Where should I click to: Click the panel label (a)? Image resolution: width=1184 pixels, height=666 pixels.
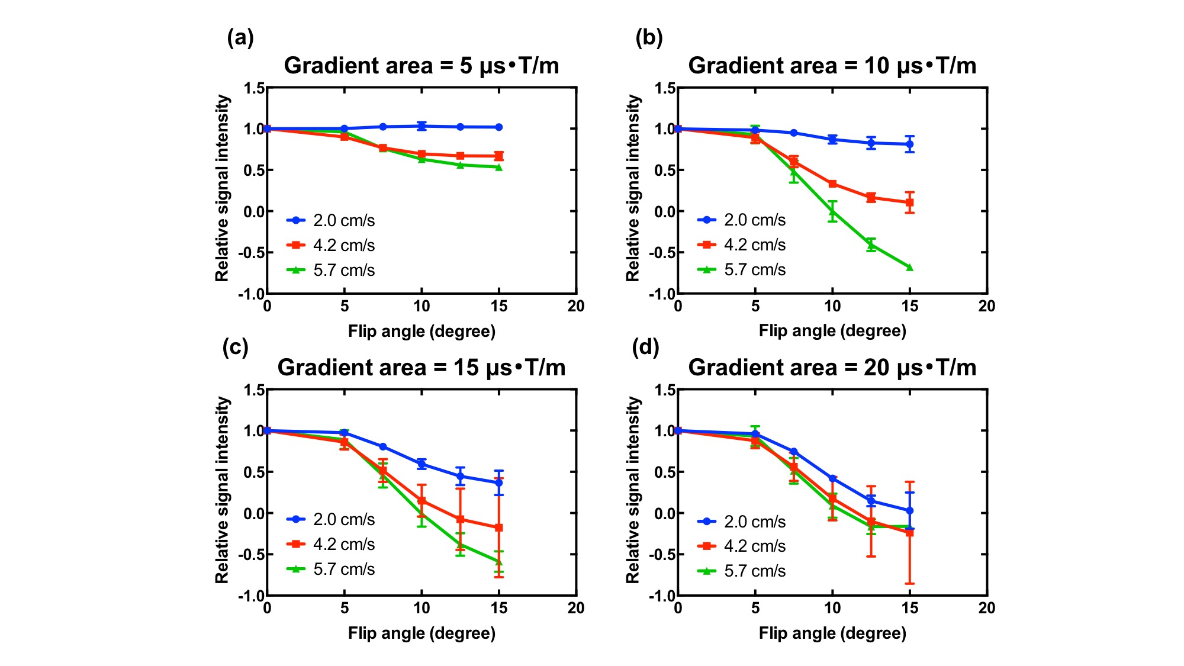240,38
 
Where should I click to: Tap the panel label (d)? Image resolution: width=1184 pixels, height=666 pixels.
645,347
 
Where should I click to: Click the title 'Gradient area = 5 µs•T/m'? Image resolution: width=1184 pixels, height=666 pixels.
421,66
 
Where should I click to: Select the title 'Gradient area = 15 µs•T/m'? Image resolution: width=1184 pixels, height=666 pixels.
421,368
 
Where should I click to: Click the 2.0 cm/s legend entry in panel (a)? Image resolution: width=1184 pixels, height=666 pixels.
331,220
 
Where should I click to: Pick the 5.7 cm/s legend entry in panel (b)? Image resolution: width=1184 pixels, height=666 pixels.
742,270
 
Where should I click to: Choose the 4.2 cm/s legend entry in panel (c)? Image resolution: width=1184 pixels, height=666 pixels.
331,544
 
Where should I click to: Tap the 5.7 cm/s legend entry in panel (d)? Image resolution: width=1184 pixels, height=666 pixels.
742,571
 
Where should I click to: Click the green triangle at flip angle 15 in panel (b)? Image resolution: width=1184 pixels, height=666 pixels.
910,268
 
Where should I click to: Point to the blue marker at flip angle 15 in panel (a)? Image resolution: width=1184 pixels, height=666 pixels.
499,127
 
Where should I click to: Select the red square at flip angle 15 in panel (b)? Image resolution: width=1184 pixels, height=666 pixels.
910,202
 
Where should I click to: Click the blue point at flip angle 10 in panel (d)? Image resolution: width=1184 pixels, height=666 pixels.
833,478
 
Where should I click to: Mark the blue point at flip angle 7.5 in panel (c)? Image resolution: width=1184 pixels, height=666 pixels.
383,446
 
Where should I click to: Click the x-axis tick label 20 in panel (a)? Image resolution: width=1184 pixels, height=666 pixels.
576,306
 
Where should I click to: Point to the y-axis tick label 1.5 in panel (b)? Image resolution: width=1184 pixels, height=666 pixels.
665,88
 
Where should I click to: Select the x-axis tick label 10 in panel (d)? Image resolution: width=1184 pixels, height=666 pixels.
832,608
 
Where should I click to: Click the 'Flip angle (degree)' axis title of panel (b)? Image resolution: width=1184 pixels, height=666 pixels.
832,331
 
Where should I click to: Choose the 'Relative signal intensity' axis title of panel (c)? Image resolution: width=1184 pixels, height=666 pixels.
222,490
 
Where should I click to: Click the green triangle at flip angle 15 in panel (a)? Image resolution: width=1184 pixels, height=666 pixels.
499,168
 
